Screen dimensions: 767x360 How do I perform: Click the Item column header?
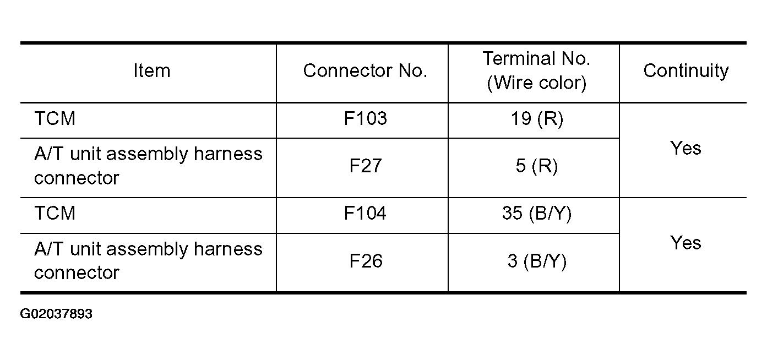click(x=151, y=71)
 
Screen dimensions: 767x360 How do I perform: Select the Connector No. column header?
click(x=365, y=71)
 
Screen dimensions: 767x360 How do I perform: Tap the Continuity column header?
click(x=686, y=72)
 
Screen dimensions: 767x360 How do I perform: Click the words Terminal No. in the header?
click(x=536, y=58)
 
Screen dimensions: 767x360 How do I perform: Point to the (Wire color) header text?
click(x=536, y=83)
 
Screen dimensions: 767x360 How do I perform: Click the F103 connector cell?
click(x=366, y=118)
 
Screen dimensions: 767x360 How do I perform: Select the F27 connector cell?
click(x=366, y=166)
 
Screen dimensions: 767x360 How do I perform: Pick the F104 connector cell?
click(x=365, y=213)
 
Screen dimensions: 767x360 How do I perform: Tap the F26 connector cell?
click(x=366, y=261)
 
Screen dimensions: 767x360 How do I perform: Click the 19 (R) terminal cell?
click(x=537, y=119)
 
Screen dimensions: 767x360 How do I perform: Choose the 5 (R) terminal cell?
click(x=537, y=166)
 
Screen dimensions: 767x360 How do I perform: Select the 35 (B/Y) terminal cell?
click(x=537, y=214)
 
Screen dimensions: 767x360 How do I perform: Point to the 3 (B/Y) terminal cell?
click(x=537, y=261)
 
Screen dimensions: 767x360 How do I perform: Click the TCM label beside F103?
click(x=55, y=118)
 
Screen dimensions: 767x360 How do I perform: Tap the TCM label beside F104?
click(x=55, y=213)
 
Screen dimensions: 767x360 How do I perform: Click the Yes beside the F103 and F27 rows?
click(x=686, y=148)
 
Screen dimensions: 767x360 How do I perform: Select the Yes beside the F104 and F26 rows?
click(x=686, y=243)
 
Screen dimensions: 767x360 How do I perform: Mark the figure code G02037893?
click(x=56, y=314)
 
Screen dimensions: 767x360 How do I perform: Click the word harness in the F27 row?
click(x=228, y=154)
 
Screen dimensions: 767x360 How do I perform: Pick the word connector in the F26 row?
click(x=77, y=272)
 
